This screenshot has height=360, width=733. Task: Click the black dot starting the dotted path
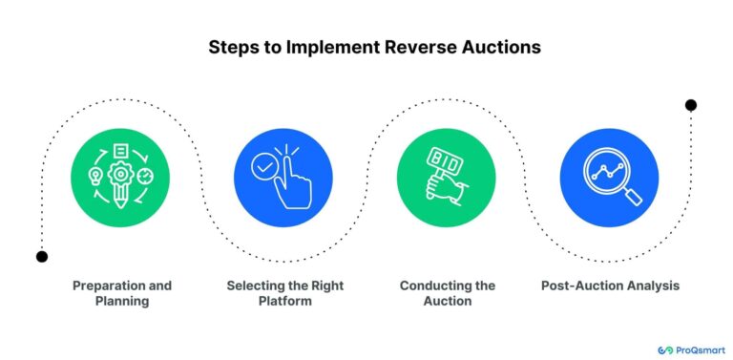click(41, 256)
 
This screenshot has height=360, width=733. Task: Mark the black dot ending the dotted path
click(691, 105)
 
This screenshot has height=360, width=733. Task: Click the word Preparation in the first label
click(107, 286)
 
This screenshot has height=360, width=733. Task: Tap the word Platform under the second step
click(284, 301)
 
